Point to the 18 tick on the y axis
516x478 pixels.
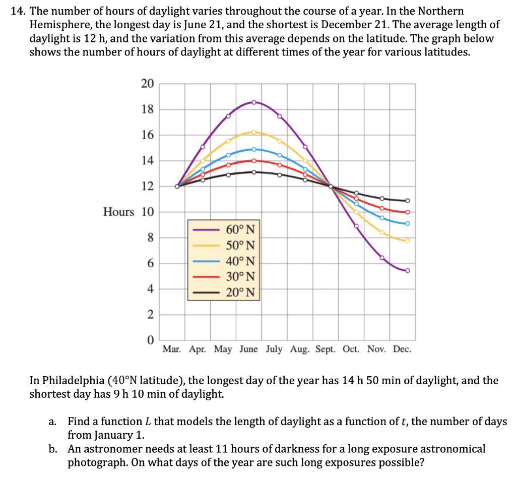tap(147, 109)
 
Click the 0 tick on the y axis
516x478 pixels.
tap(150, 340)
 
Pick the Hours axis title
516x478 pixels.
tap(118, 212)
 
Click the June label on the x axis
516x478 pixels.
tap(249, 349)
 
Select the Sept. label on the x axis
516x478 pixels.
tap(326, 349)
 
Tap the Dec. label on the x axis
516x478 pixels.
tap(402, 349)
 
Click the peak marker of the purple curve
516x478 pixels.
tap(254, 102)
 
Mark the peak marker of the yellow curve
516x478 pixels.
tap(254, 132)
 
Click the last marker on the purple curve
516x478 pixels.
tap(408, 271)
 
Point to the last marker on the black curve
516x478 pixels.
tap(408, 200)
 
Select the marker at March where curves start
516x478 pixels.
tap(177, 186)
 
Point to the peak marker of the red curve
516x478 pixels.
tap(254, 161)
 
